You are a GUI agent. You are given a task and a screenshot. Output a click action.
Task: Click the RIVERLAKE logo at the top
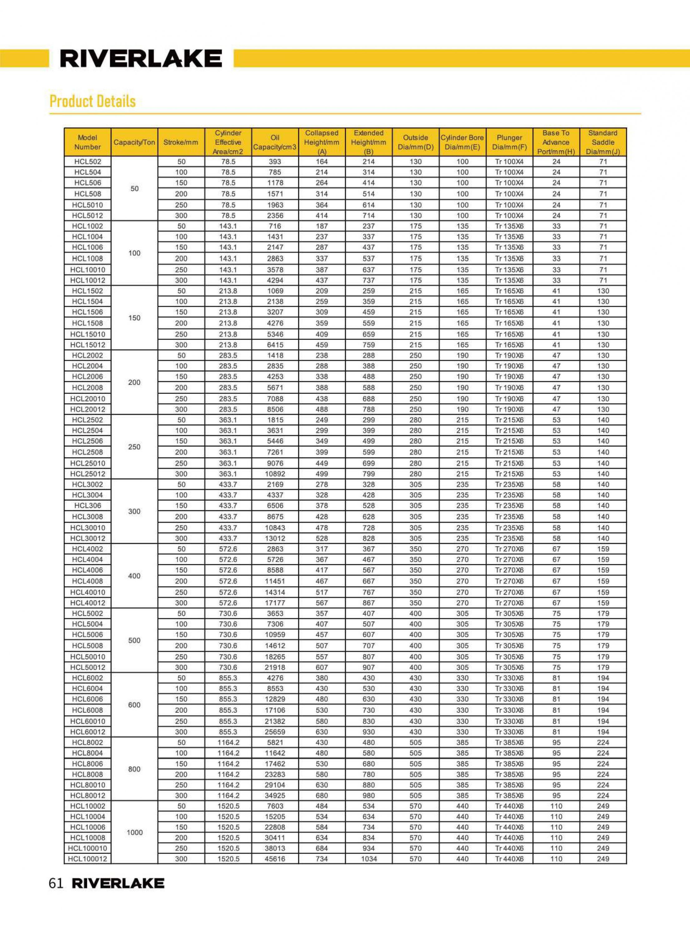click(x=141, y=58)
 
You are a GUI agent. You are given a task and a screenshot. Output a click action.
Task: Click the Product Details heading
click(x=92, y=101)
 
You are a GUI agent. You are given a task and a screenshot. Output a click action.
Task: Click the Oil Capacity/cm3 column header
click(x=275, y=142)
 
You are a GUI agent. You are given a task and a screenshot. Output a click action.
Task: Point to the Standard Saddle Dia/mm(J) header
click(x=603, y=142)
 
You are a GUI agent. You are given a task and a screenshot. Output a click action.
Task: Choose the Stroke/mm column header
click(x=181, y=142)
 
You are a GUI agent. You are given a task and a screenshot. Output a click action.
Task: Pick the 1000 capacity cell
click(x=135, y=833)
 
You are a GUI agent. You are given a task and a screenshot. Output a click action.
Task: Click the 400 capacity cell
click(x=135, y=576)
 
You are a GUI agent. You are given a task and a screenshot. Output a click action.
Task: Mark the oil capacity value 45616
click(x=275, y=859)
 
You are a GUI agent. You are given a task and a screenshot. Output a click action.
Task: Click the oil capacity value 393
click(x=275, y=161)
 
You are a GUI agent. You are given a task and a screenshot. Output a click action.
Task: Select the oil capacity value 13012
click(x=275, y=538)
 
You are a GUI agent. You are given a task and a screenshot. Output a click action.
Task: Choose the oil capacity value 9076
click(x=275, y=463)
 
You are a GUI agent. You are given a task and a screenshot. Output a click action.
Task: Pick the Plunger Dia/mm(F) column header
click(x=509, y=142)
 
